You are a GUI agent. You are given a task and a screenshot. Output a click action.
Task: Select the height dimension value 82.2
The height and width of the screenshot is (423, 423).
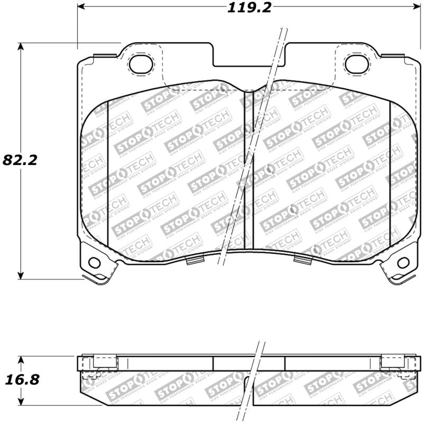(x=21, y=160)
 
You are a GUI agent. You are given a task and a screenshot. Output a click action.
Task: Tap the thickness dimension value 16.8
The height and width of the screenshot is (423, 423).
(x=21, y=380)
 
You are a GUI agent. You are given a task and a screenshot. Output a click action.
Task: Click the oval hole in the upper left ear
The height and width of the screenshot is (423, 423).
(x=141, y=64)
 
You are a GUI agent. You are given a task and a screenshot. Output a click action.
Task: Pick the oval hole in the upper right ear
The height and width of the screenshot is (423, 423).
(x=355, y=64)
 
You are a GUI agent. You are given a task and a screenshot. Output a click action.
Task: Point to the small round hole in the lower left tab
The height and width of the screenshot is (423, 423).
(x=94, y=262)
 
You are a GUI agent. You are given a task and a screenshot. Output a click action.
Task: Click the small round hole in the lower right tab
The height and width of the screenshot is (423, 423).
(x=402, y=262)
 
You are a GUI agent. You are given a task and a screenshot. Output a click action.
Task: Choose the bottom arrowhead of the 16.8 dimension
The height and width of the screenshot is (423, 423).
(x=21, y=402)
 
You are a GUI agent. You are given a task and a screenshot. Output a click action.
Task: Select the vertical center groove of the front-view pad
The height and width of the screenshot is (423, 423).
(x=249, y=169)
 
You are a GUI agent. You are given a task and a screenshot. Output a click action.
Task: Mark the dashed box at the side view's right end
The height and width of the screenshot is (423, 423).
(x=393, y=362)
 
